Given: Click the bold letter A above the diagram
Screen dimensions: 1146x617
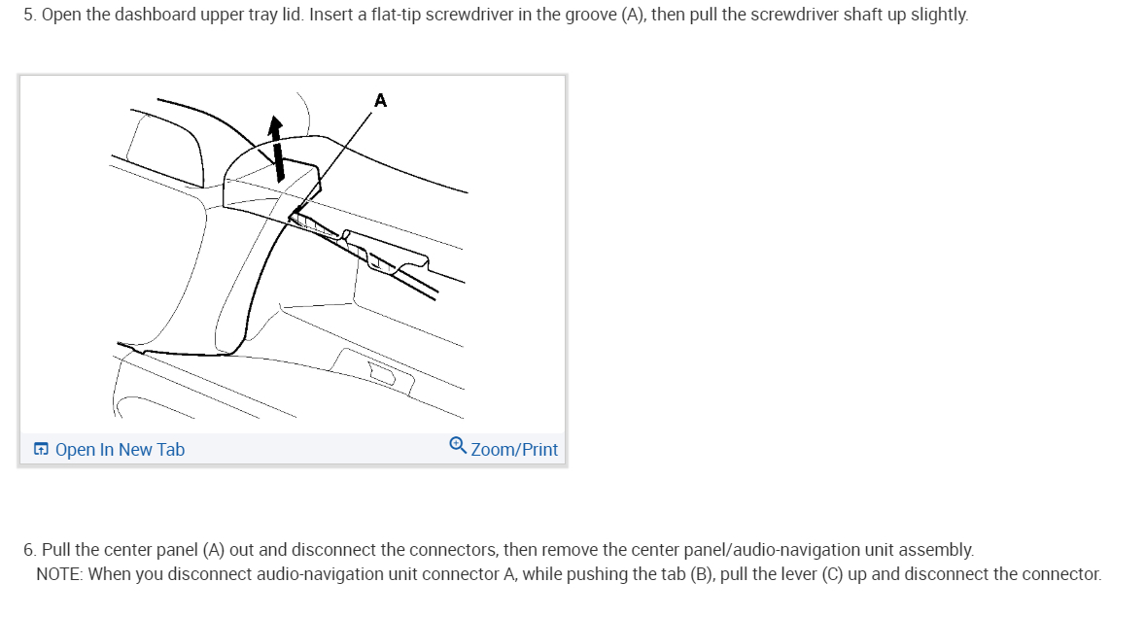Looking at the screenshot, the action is point(380,100).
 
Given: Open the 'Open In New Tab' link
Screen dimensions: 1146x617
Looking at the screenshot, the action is point(120,449).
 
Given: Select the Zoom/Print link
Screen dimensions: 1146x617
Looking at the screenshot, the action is point(514,449).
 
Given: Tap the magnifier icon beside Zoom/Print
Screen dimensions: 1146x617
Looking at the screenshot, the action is point(458,446).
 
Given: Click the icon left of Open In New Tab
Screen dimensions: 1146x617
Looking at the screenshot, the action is point(41,449).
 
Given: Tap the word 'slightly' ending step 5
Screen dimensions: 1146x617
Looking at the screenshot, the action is point(937,17).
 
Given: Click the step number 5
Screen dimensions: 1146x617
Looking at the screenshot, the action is point(29,17).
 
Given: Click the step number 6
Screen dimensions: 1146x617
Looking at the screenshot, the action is point(29,550).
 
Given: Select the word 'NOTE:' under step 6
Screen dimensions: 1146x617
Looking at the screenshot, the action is point(59,574).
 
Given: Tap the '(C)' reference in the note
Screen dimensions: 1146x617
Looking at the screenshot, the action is point(831,574).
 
